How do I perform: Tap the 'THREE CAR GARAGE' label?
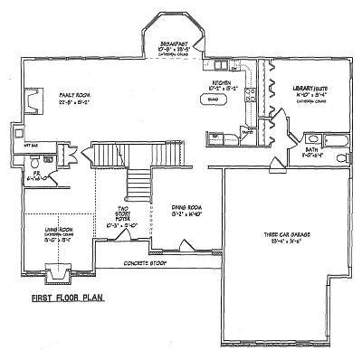pos(288,234)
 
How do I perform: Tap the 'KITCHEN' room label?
pos(221,82)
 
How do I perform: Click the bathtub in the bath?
pos(338,140)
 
